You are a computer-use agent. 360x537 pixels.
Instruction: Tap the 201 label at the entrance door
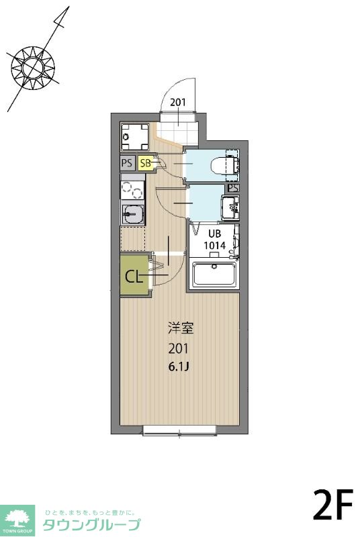pos(178,103)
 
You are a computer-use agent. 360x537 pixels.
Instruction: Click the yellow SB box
pos(146,162)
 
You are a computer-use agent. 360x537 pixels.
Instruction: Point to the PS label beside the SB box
pos(126,162)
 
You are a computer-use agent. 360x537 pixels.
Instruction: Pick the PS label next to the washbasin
pos(232,188)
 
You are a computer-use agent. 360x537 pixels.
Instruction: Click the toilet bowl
pos(222,164)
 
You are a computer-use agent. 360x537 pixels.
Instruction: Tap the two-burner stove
pos(132,191)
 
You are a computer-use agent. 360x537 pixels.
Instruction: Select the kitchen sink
pos(132,214)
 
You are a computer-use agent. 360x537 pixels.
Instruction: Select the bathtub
pos(214,275)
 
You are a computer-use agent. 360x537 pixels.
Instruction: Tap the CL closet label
pos(133,277)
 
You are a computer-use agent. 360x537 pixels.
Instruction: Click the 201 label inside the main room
pos(179,349)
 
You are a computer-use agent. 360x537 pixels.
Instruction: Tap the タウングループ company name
pos(91,524)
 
